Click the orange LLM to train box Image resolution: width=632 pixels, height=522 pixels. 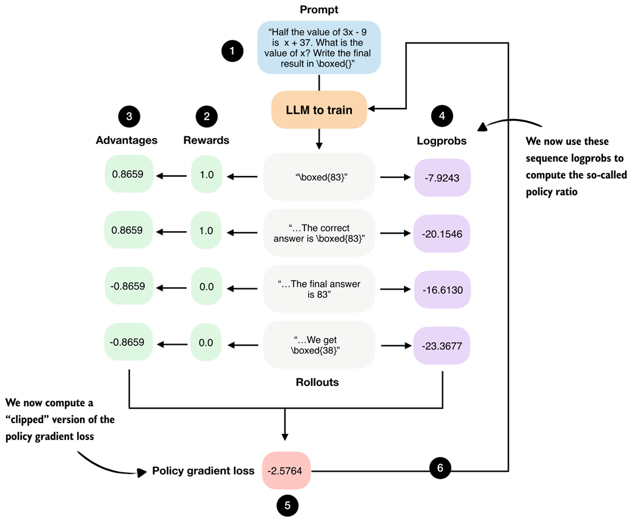point(319,110)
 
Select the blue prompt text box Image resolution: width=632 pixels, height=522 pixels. point(319,47)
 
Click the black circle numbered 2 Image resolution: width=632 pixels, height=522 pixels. point(206,117)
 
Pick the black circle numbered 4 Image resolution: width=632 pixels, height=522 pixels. point(442,117)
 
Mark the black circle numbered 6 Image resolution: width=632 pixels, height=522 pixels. point(440,468)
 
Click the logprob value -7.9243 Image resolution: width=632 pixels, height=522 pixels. point(442,177)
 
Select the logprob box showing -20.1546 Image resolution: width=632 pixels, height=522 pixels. point(442,233)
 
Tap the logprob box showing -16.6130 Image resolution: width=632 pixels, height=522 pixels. point(442,290)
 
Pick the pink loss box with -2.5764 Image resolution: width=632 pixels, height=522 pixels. point(286,470)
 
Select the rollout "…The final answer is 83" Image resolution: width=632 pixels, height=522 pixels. point(319,290)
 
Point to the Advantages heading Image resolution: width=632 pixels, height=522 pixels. point(126,140)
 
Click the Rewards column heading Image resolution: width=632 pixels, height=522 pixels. point(206,140)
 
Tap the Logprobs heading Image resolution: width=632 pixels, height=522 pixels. point(442,140)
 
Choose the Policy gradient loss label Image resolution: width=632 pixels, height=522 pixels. point(203,471)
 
